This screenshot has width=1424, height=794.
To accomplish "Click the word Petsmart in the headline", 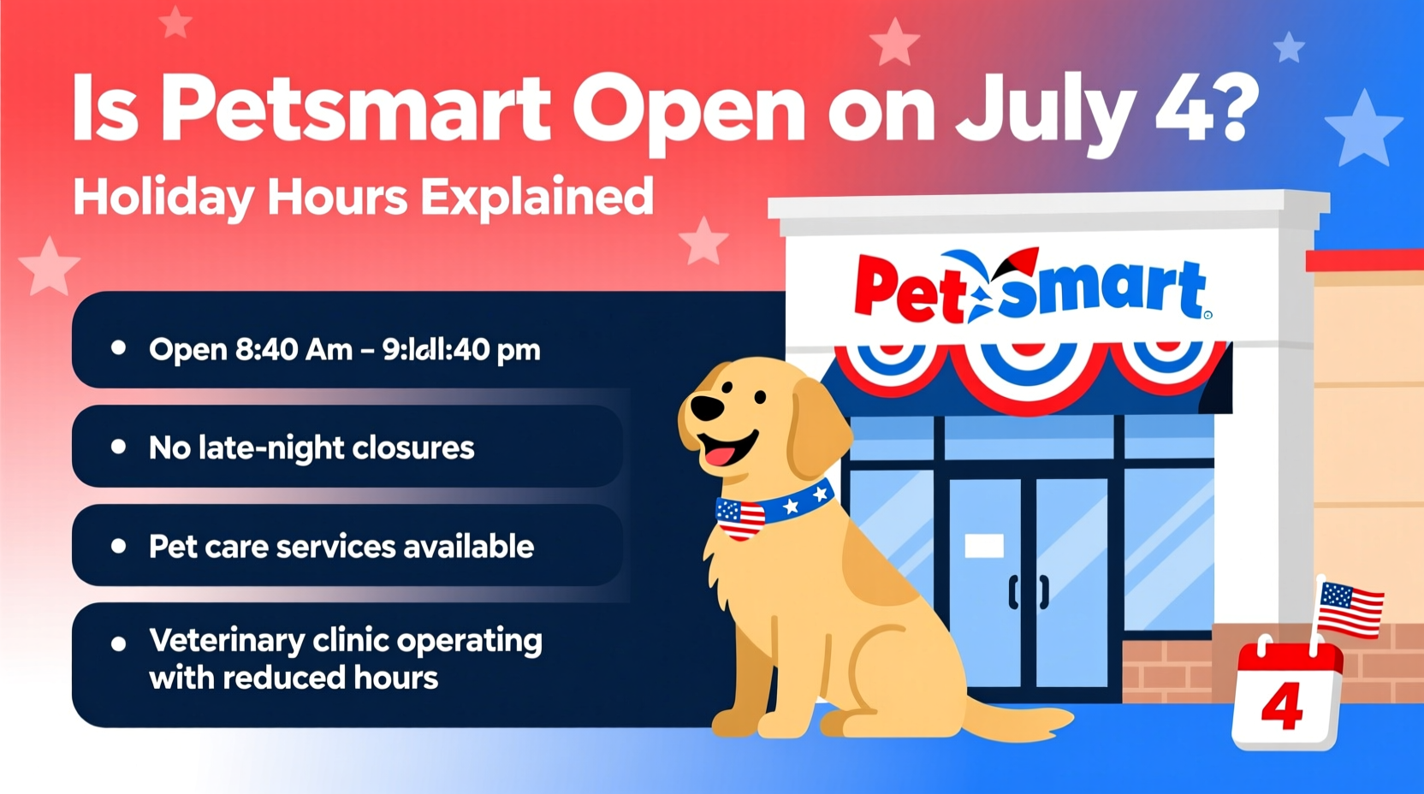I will pyautogui.click(x=355, y=110).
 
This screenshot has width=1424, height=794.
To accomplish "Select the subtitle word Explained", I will pyautogui.click(x=537, y=198).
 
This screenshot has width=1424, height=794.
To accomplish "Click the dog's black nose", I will pyautogui.click(x=707, y=408).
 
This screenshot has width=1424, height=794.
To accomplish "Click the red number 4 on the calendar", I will pyautogui.click(x=1283, y=707).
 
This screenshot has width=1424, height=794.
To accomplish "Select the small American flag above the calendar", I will pyautogui.click(x=1350, y=609).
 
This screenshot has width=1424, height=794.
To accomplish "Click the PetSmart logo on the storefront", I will pyautogui.click(x=1031, y=287).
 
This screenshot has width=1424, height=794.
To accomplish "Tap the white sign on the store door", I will pyautogui.click(x=984, y=546).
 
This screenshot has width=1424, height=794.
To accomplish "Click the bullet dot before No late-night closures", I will pyautogui.click(x=119, y=447).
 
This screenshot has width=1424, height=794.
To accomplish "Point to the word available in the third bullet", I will pyautogui.click(x=468, y=547).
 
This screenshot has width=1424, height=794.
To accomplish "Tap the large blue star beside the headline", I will pyautogui.click(x=1363, y=130).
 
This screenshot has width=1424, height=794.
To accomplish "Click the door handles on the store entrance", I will pyautogui.click(x=1029, y=592).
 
